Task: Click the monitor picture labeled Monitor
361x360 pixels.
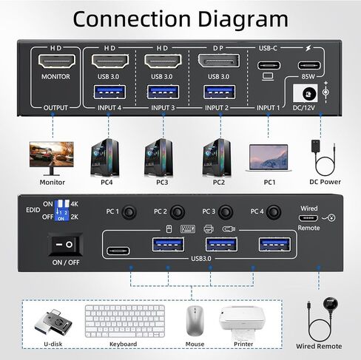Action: pyautogui.click(x=52, y=156)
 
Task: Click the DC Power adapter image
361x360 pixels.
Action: pyautogui.click(x=319, y=155)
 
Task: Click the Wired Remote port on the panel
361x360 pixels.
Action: pyautogui.click(x=311, y=217)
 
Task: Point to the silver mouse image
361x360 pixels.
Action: pyautogui.click(x=195, y=319)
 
